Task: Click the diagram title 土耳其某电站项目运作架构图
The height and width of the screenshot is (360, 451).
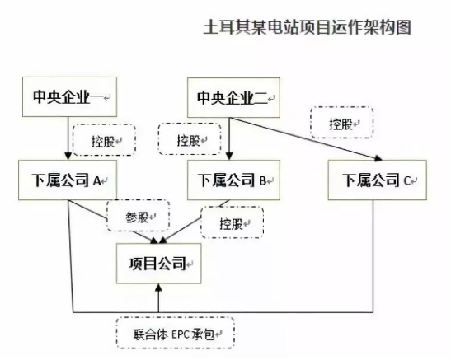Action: point(308,27)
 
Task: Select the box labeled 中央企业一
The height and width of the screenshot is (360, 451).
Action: point(69,96)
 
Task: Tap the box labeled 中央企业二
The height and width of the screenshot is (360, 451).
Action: point(233,97)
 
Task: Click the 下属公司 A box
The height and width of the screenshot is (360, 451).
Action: point(68,180)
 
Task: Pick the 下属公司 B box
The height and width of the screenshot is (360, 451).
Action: point(233,180)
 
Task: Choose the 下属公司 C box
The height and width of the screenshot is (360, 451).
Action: point(378,180)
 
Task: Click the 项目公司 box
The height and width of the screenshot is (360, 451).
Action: point(159,264)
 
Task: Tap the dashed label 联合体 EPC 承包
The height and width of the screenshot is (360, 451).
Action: point(176,333)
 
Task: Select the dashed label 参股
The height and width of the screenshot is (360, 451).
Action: point(138,216)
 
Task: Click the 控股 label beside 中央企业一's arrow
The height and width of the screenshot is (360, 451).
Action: point(104,140)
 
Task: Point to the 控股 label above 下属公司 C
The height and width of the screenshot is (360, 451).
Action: point(342,123)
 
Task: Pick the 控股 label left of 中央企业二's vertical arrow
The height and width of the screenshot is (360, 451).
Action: point(190,139)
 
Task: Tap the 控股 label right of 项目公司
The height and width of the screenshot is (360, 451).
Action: point(233,222)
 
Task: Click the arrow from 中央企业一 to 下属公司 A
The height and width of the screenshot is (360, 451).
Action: point(68,138)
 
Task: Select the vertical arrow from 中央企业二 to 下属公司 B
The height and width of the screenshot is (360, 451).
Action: point(229,138)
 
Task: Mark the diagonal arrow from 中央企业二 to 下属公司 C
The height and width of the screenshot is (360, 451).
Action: point(306,138)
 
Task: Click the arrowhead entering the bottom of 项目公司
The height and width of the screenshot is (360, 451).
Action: point(158,288)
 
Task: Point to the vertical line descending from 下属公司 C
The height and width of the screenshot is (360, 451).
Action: point(373,256)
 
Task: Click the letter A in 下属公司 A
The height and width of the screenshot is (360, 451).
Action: point(97,180)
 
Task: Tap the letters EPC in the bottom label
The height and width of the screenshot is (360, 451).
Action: point(181,334)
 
